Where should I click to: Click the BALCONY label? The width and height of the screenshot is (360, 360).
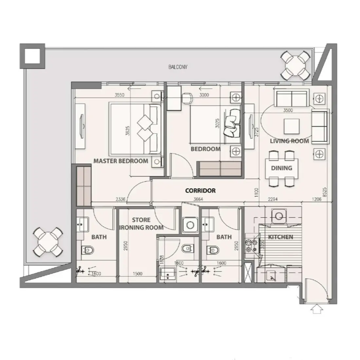178,67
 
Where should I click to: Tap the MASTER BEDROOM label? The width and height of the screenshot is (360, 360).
121,161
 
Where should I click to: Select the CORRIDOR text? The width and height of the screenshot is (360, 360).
200,190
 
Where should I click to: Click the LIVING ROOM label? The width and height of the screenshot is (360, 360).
289,141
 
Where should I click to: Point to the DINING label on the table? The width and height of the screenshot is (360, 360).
281,168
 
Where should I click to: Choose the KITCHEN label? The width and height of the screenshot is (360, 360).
280,237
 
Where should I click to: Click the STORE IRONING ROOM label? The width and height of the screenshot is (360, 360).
141,224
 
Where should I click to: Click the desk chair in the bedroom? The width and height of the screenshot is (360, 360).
187,97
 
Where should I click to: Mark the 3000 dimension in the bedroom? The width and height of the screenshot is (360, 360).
204,95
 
